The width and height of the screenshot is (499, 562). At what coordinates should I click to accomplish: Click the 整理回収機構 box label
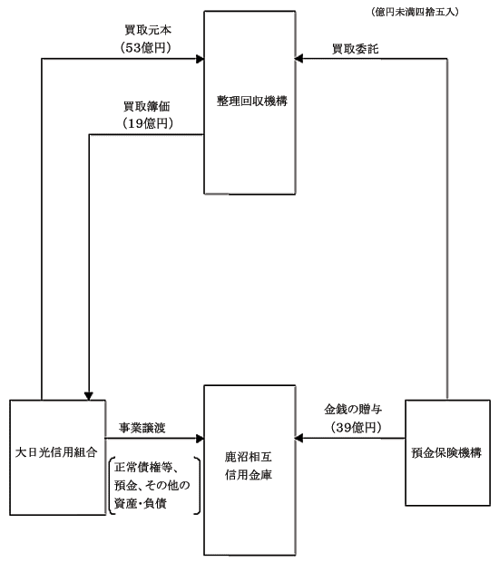(x=252, y=102)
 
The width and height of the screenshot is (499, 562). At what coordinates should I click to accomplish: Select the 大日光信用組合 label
(x=56, y=452)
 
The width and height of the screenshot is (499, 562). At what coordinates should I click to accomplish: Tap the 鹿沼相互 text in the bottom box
(x=249, y=457)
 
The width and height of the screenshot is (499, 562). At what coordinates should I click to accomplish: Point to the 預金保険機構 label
(x=446, y=452)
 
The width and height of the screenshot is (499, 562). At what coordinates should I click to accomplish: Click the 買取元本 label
(x=148, y=30)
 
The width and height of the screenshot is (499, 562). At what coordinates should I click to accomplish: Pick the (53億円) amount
(x=146, y=48)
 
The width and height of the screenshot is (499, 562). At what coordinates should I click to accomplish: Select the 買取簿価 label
(x=147, y=106)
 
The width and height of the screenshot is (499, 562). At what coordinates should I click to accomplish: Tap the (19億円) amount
(x=148, y=123)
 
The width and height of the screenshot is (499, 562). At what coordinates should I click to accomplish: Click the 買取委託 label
(x=355, y=49)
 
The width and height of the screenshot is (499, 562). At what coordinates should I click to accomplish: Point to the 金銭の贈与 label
(x=353, y=409)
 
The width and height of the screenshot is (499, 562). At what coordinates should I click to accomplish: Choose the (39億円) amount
(x=356, y=427)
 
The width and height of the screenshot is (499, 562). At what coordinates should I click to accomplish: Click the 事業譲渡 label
(x=142, y=428)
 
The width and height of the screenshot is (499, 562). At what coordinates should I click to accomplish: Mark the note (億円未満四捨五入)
(x=415, y=12)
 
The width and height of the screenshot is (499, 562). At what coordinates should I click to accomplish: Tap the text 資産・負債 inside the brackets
(x=141, y=504)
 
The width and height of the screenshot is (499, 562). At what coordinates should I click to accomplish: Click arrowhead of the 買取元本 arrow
(x=200, y=59)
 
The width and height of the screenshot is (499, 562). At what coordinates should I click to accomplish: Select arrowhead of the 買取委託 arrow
(x=298, y=58)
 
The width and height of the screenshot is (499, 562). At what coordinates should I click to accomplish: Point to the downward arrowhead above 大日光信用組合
(x=89, y=396)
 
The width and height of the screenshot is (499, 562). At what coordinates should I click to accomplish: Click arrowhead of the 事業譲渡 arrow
(x=200, y=439)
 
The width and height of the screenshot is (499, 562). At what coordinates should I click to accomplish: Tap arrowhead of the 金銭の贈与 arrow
(x=298, y=438)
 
